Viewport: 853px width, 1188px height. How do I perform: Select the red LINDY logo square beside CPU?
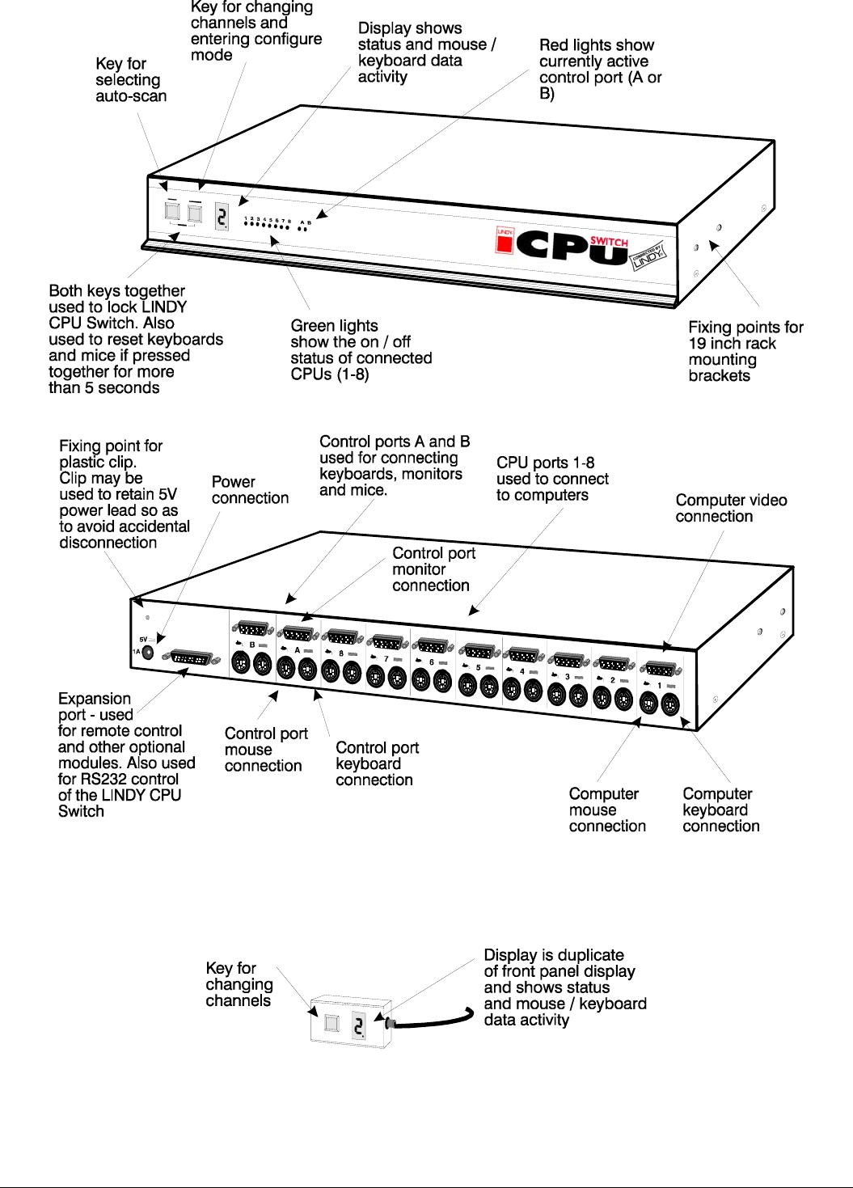tap(505, 240)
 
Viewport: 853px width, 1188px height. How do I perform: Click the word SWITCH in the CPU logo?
tap(609, 242)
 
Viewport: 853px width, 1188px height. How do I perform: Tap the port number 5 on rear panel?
tap(478, 667)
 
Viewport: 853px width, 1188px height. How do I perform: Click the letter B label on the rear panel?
tap(252, 645)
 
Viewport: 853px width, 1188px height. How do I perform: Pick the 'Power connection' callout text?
tap(250, 490)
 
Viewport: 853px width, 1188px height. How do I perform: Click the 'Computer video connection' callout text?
tap(731, 509)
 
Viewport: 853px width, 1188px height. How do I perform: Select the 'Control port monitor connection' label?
tap(433, 569)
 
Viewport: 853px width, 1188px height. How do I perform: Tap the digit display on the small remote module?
tap(359, 1025)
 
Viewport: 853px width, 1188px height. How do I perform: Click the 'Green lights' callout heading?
tap(334, 326)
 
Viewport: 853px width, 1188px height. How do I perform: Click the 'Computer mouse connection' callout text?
tap(606, 810)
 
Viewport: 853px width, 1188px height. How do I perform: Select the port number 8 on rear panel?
tap(341, 653)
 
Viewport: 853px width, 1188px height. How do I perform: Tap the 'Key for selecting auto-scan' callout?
tap(131, 80)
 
